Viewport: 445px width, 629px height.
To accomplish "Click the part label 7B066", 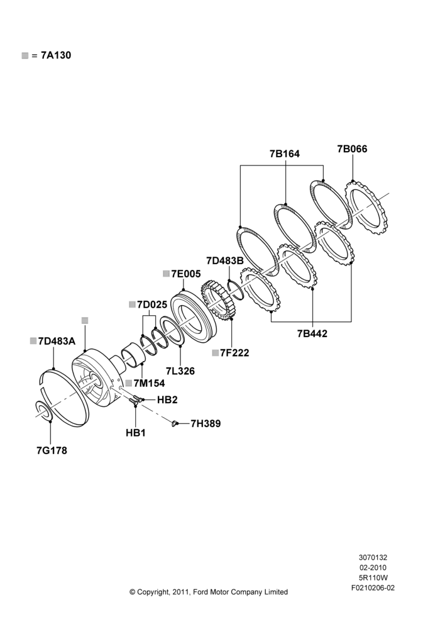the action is (352, 149).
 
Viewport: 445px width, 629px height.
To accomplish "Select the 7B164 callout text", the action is (284, 153).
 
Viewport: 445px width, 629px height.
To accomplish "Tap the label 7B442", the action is (312, 333).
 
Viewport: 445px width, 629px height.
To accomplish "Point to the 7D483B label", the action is (225, 261).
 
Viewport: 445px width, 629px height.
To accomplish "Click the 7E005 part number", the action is (186, 274).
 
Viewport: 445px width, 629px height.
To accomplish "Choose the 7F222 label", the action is (234, 353).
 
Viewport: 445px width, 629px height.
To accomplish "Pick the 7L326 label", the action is (180, 371).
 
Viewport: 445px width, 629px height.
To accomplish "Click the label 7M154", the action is (149, 383).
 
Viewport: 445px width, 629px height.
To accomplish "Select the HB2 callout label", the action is (167, 399).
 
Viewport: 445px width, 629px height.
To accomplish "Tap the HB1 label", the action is (136, 433).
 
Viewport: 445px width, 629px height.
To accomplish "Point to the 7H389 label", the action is (206, 423).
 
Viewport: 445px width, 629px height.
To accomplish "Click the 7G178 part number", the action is (52, 450).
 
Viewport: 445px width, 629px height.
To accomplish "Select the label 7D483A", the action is (57, 341).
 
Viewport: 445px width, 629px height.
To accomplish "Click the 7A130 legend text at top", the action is (56, 55).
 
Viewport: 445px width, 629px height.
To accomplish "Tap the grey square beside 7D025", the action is (132, 305).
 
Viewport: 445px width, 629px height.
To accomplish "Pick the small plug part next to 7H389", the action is (173, 423).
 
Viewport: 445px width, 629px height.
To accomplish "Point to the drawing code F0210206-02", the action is (373, 588).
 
